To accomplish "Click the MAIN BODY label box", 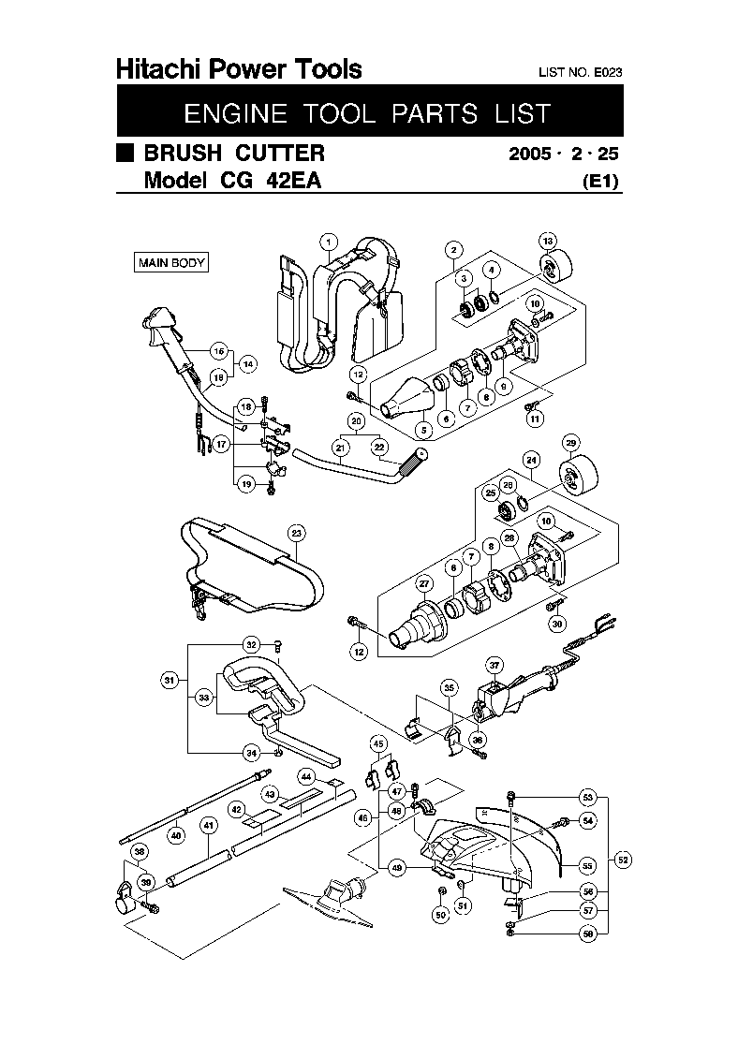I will point(171,263).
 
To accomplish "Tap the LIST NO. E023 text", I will point(581,72).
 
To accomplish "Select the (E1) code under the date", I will point(600,182).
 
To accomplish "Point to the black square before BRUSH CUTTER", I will point(125,153).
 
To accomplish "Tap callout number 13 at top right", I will point(548,240).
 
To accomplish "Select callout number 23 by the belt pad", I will point(296,534).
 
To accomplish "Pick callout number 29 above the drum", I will point(569,442).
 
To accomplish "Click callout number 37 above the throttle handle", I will point(495,665).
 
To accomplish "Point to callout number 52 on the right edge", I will point(624,859).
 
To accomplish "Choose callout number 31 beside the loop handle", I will point(170,681).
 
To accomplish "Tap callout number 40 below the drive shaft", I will point(175,835).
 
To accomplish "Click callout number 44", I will point(306,776).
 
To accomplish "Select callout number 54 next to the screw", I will point(588,820).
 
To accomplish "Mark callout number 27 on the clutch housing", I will point(423,584).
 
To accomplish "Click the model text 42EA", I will point(289,182).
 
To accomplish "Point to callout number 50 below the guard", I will point(440,915).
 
